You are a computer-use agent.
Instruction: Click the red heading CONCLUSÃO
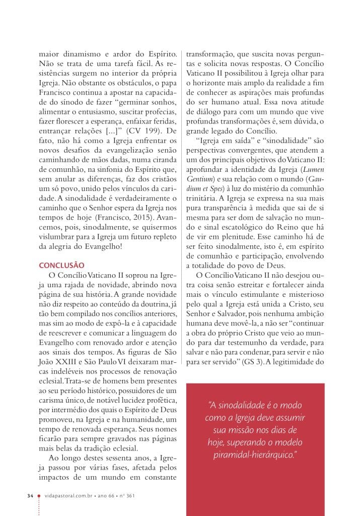point(62,265)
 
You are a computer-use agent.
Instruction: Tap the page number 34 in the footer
point(30,496)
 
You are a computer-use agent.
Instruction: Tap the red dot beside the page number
point(39,496)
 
